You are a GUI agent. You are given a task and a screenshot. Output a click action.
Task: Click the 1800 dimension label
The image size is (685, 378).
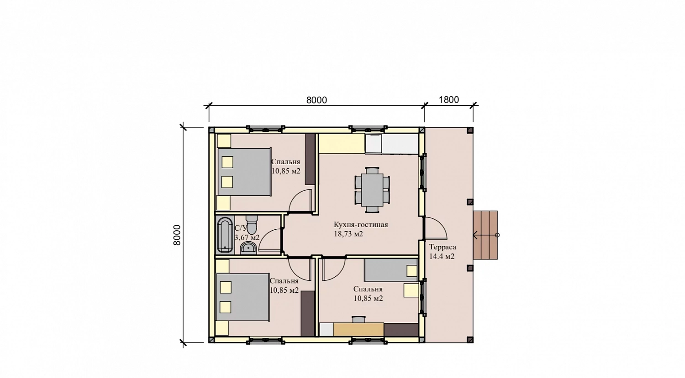(x=448, y=100)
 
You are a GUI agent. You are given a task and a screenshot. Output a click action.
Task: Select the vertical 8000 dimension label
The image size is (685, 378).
(x=177, y=235)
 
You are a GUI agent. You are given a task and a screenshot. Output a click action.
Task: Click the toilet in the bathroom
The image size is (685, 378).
(x=252, y=225)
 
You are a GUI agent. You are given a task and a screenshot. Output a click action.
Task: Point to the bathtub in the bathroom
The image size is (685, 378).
(x=225, y=235)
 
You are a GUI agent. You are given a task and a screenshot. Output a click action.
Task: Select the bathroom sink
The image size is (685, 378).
(x=248, y=248)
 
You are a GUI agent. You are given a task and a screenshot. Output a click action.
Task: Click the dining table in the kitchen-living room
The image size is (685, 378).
(x=372, y=190)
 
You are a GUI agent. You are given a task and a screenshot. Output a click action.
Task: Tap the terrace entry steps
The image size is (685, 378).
(x=485, y=235)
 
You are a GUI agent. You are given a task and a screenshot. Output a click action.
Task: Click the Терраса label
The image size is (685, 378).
(x=443, y=247)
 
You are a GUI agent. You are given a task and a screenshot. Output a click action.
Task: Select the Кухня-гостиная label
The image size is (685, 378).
(x=361, y=225)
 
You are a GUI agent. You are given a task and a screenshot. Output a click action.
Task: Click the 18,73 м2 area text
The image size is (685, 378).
(x=348, y=234)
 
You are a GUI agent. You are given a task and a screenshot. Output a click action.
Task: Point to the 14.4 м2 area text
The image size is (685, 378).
(x=442, y=256)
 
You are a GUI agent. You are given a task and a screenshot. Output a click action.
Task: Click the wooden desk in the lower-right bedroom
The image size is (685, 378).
(x=358, y=330)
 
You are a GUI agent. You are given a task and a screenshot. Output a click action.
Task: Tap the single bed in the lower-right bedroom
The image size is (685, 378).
(x=391, y=270)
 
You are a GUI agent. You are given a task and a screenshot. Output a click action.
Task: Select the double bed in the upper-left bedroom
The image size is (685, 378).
(x=244, y=172)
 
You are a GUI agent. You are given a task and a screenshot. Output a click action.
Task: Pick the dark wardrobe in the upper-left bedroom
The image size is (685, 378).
(x=310, y=159)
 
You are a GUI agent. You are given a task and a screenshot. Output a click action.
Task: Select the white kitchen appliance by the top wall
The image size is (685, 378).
(x=374, y=144)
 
